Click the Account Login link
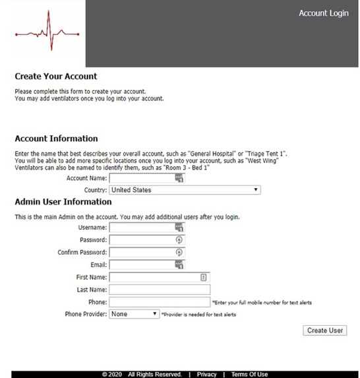[x=323, y=13]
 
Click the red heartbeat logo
[x=47, y=33]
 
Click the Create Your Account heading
[x=55, y=77]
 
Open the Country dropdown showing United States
[x=185, y=190]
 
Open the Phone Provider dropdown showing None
[x=135, y=314]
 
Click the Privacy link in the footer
[x=206, y=374]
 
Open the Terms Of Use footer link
[x=249, y=374]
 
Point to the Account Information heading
[x=56, y=139]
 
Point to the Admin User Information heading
[x=63, y=202]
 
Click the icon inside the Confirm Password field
[x=179, y=252]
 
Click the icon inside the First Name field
[x=204, y=277]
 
